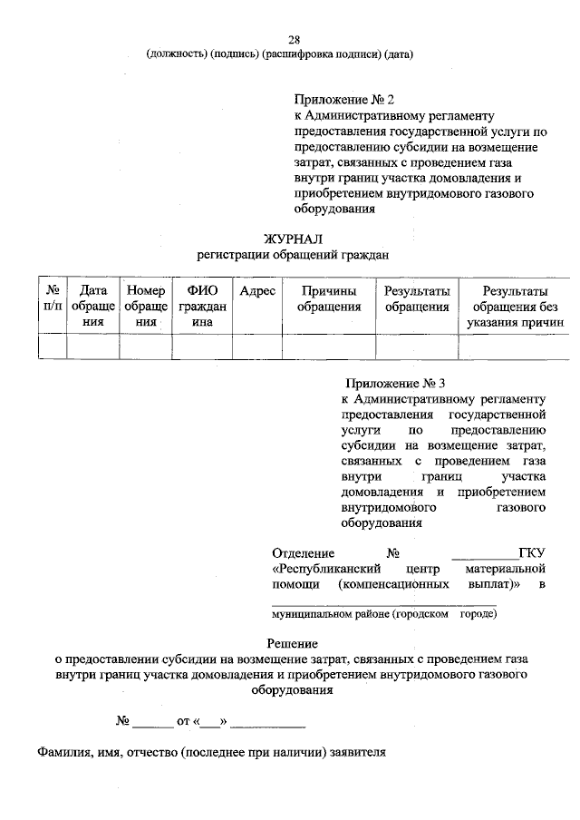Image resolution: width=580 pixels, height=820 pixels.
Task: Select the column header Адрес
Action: pyautogui.click(x=256, y=291)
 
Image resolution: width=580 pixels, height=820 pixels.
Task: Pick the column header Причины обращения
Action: pyautogui.click(x=329, y=298)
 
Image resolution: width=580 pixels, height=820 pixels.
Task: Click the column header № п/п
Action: pyautogui.click(x=53, y=298)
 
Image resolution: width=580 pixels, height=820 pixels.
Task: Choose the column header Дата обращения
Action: pyautogui.click(x=93, y=307)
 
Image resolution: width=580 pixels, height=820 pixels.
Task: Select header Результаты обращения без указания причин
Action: pyautogui.click(x=515, y=307)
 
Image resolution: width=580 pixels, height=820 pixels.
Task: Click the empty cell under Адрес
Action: pyautogui.click(x=256, y=347)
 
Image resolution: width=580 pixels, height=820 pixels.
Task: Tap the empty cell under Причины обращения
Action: pyautogui.click(x=329, y=347)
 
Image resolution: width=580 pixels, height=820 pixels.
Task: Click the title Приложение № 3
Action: pyautogui.click(x=395, y=384)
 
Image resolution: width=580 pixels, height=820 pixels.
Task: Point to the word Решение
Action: pyautogui.click(x=291, y=642)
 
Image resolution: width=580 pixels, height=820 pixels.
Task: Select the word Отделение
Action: pyautogui.click(x=304, y=553)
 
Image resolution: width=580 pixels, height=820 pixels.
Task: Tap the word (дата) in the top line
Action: pyautogui.click(x=398, y=54)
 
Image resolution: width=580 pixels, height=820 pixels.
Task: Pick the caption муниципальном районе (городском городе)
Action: pyautogui.click(x=384, y=614)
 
